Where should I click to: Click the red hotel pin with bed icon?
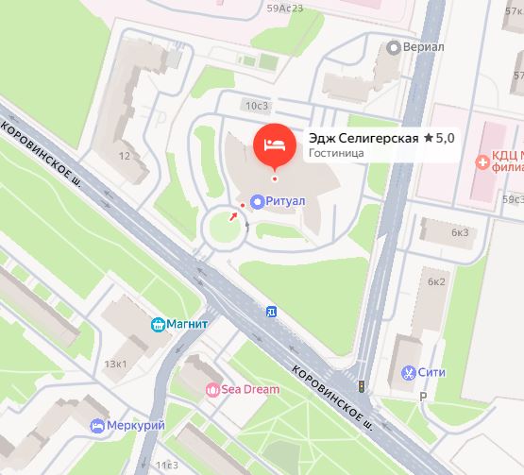click(x=275, y=144)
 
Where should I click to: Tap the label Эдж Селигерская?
click(x=363, y=138)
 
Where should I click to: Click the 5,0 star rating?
click(x=439, y=138)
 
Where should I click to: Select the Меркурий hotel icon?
click(x=95, y=426)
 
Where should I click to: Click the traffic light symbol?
click(x=360, y=387)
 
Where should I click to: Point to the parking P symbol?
click(x=422, y=398)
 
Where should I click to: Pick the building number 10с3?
click(x=255, y=105)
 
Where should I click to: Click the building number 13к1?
click(x=116, y=364)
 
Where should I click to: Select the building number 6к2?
click(x=435, y=281)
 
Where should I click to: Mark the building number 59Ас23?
click(x=284, y=8)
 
